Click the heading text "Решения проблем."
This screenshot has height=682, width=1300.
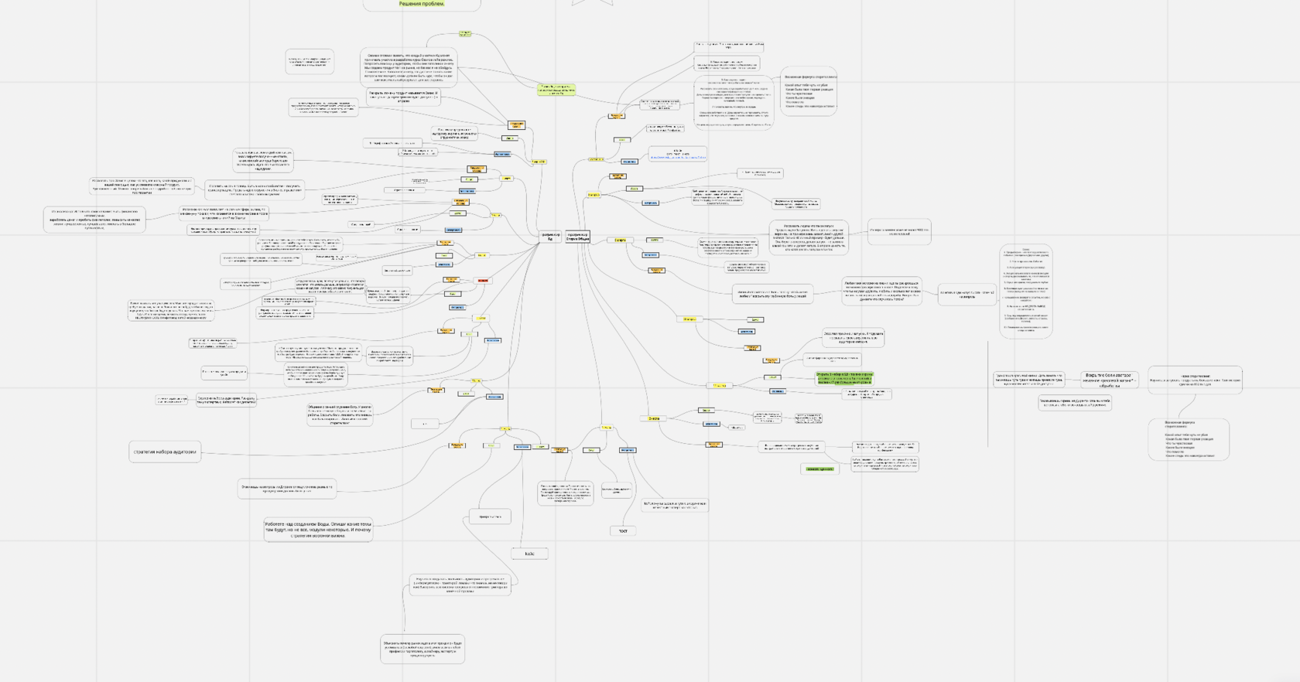pyautogui.click(x=422, y=4)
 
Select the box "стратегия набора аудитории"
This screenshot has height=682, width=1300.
pyautogui.click(x=165, y=452)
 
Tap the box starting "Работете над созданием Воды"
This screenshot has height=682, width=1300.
pyautogui.click(x=318, y=530)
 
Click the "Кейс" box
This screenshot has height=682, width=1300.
pyautogui.click(x=529, y=554)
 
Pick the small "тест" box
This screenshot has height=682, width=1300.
pyautogui.click(x=623, y=530)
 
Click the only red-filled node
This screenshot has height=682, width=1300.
pyautogui.click(x=483, y=281)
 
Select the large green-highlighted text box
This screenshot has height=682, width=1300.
pyautogui.click(x=844, y=378)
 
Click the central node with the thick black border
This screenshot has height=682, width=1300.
pyautogui.click(x=578, y=237)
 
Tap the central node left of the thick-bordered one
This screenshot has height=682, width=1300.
pyautogui.click(x=551, y=237)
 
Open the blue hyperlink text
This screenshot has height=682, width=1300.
pyautogui.click(x=678, y=157)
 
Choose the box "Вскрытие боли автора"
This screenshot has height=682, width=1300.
pyautogui.click(x=1109, y=380)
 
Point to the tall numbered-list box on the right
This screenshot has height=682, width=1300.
pyautogui.click(x=1026, y=292)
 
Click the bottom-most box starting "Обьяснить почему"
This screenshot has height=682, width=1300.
pyautogui.click(x=422, y=649)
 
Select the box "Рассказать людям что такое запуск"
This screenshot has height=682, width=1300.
pyautogui.click(x=809, y=237)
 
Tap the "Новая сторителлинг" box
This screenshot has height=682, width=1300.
pyautogui.click(x=1195, y=380)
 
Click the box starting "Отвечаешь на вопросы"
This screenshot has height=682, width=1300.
pyautogui.click(x=287, y=488)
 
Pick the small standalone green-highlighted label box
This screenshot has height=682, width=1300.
pyautogui.click(x=819, y=469)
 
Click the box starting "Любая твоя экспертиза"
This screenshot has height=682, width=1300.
pyautogui.click(x=881, y=291)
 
